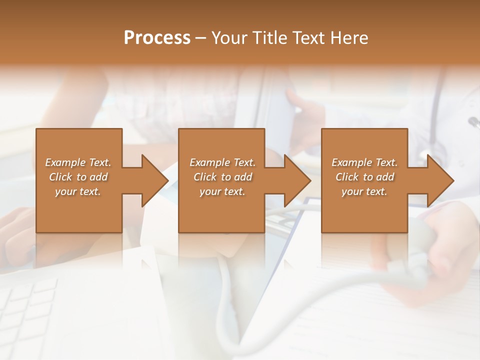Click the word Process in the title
[157, 38]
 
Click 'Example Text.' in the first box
[78, 162]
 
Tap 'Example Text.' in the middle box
[222, 162]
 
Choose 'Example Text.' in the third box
[364, 162]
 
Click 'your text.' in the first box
[78, 191]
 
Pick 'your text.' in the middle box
[222, 191]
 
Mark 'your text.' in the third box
[364, 191]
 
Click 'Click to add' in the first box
[78, 177]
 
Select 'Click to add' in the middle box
[222, 177]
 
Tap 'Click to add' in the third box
[364, 177]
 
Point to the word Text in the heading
[306, 38]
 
